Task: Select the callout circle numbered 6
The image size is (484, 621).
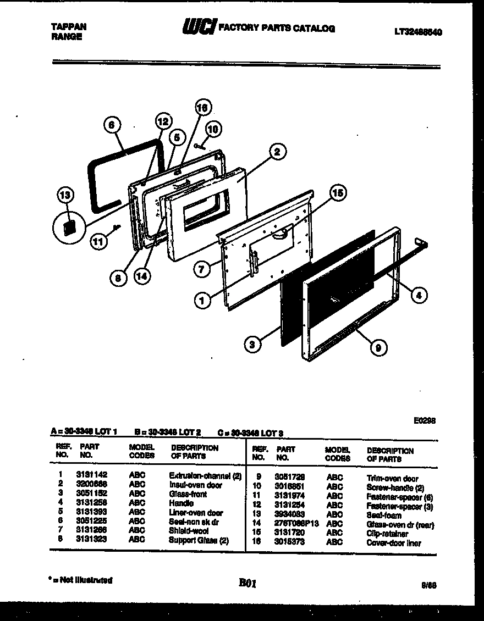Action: click(x=112, y=125)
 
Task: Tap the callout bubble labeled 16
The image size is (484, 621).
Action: click(x=203, y=108)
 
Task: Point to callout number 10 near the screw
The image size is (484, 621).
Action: click(x=213, y=130)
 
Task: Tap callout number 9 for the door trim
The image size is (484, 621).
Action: click(x=378, y=347)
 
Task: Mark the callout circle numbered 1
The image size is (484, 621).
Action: click(x=203, y=300)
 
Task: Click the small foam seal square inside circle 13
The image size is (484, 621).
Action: click(x=69, y=227)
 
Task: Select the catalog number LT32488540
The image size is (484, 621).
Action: click(x=417, y=32)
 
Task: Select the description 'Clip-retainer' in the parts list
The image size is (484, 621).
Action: click(x=387, y=534)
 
